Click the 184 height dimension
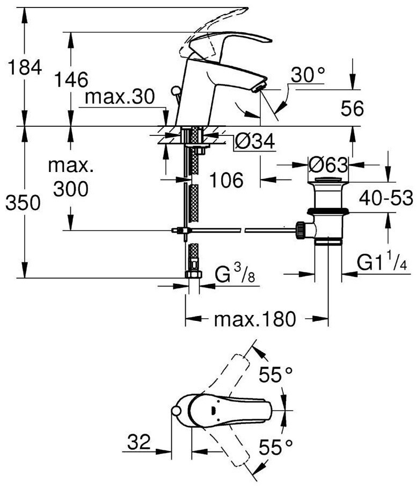(25, 68)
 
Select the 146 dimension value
(71, 80)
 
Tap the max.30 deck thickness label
(120, 97)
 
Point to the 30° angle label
(308, 75)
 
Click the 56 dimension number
(352, 109)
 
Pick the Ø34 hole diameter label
(255, 141)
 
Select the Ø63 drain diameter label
(328, 164)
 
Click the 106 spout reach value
(226, 180)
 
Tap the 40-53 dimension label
(386, 198)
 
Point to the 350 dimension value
(23, 203)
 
